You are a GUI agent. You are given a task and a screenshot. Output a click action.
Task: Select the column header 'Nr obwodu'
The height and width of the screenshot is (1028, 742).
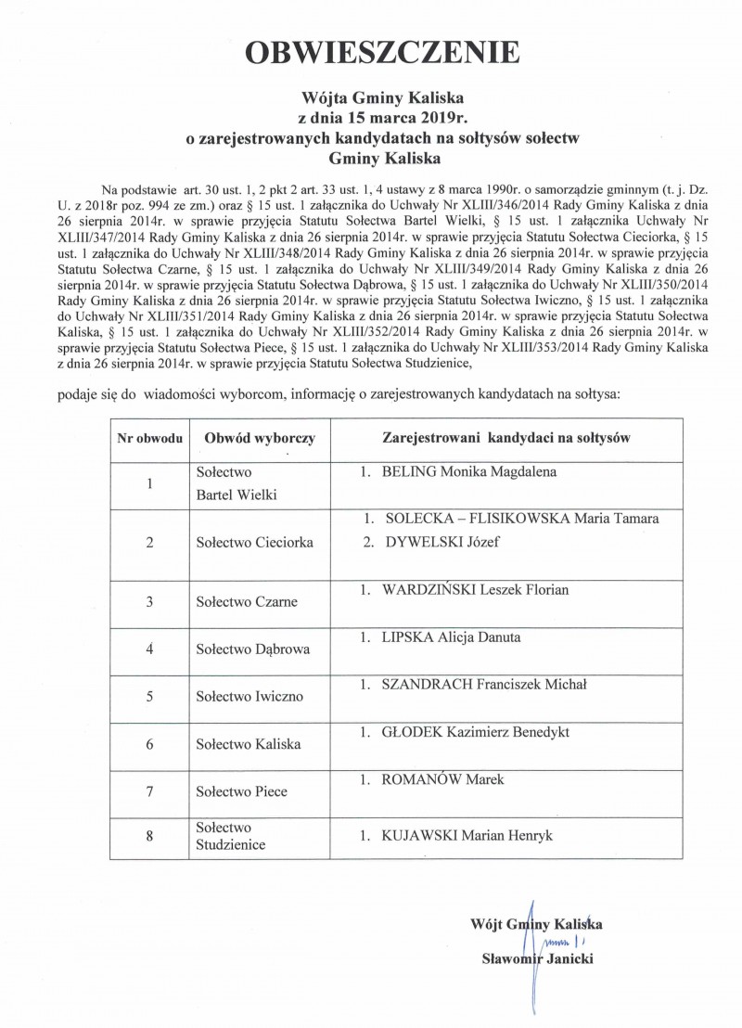point(150,435)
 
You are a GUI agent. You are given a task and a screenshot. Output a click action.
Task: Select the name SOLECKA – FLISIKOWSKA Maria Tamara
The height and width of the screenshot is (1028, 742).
point(520,519)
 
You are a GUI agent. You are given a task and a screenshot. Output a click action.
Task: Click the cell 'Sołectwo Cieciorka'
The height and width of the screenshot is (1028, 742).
point(254,542)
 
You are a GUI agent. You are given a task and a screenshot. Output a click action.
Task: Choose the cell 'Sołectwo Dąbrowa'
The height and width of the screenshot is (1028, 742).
point(252,649)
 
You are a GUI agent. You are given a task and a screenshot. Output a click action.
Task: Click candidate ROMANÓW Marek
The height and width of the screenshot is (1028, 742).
point(442,779)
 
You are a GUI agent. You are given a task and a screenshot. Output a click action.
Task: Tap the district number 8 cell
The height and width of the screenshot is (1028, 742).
point(149,836)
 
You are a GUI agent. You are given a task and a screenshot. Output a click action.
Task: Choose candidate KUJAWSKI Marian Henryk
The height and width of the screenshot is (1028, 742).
point(467,836)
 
